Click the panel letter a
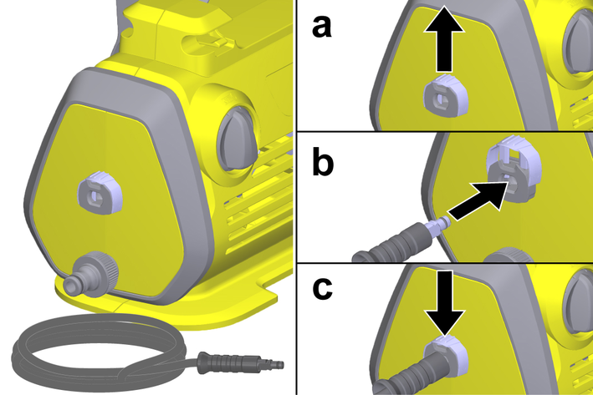coord(322,27)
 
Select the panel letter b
coord(323,161)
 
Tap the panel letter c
coord(323,289)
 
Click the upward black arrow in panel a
coord(443,38)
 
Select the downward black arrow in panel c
coord(444,302)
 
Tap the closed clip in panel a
coord(446,96)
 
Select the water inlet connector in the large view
coord(91,274)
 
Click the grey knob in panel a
coord(578,45)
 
